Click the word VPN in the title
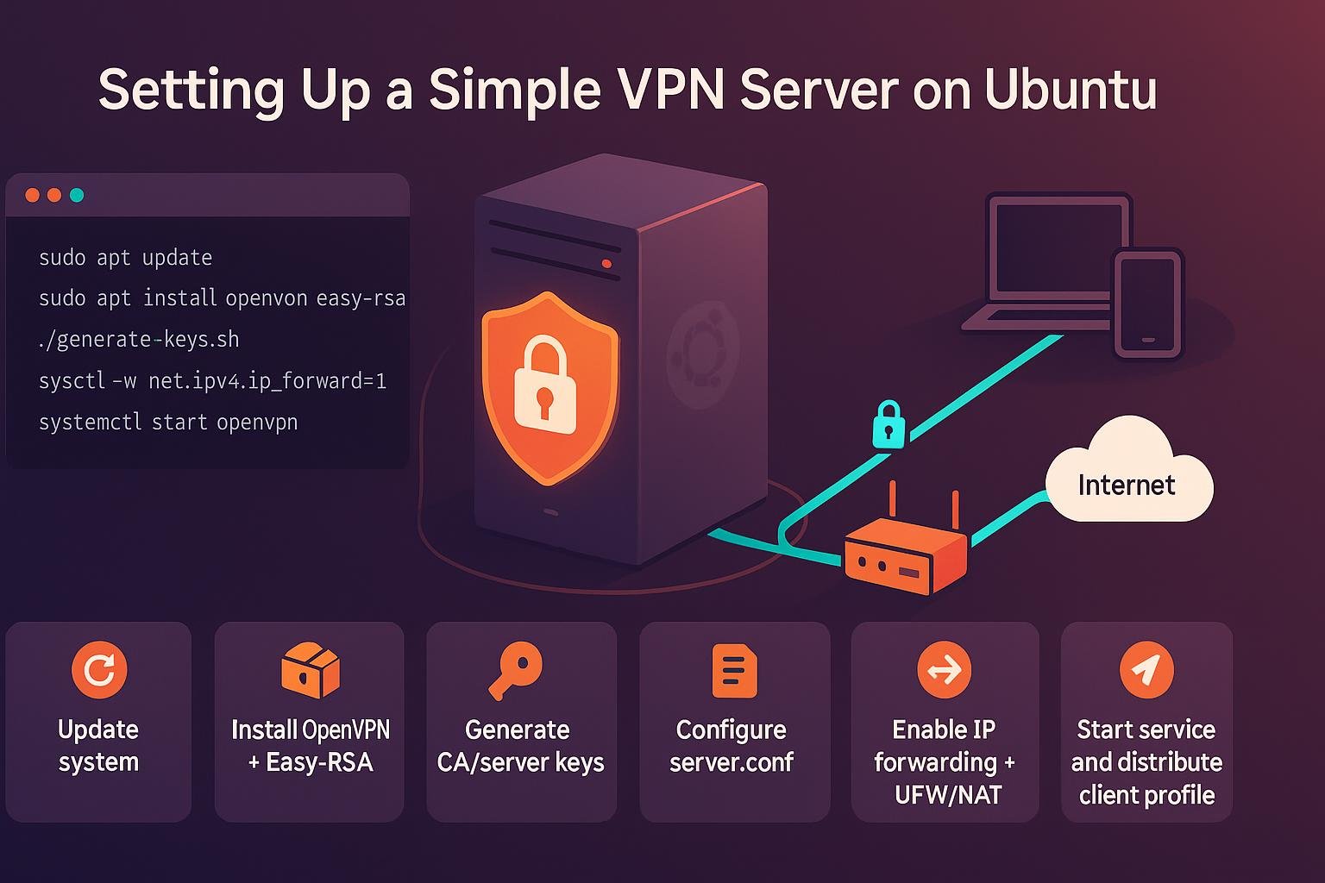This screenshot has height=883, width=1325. coord(664,89)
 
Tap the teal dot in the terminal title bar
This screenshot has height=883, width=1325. coord(77,195)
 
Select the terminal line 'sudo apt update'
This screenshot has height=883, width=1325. coord(125,257)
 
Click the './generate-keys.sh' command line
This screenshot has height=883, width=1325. coord(138,339)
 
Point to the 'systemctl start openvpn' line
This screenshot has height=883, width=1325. coord(167,422)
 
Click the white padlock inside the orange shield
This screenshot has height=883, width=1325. coord(545,385)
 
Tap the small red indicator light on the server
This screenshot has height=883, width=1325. coord(606,264)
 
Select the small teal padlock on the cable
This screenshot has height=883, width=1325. coord(889,424)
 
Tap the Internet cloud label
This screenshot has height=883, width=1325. coord(1127,484)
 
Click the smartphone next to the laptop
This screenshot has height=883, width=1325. coord(1148,303)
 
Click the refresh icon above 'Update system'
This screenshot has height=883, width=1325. coord(99,669)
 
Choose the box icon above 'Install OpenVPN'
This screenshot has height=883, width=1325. coord(310,669)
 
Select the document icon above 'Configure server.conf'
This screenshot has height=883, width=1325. coord(734,670)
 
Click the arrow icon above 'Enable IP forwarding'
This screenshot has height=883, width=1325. coord(944,669)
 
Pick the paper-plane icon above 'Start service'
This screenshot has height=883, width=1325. coord(1146,669)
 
